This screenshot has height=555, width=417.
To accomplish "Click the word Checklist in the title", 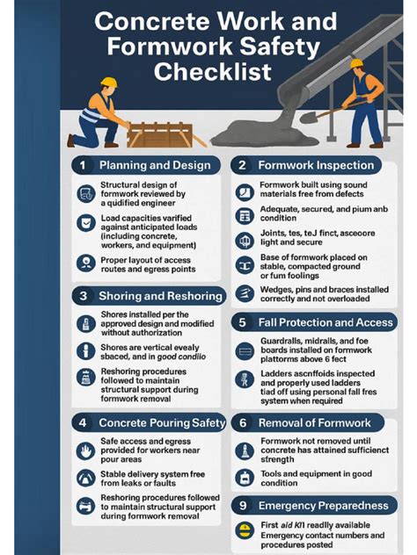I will pos(212,71).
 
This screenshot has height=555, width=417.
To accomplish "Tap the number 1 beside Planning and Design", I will pos(82,165).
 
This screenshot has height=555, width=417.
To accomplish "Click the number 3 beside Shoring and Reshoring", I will pos(82,296).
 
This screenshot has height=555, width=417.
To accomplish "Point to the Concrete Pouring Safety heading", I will pos(162,423).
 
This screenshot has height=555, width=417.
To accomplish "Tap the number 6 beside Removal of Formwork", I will pos(242,423).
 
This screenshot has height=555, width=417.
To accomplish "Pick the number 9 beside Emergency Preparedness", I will pos(242,506).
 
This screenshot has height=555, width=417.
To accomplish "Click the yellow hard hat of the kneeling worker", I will pos(108,83).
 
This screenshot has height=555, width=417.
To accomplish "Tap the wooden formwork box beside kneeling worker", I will pos(159,134).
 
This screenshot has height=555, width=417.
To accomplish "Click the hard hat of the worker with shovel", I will pos(356,64).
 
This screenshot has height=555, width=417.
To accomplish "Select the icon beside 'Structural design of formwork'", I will pos(85,193).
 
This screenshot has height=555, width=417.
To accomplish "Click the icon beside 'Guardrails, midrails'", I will pos(245,351).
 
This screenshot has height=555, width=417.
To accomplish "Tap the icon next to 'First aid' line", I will pos(245,530).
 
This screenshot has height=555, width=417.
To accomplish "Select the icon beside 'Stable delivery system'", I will pos(85,477).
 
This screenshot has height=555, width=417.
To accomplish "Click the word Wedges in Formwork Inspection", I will pos(277,288).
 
